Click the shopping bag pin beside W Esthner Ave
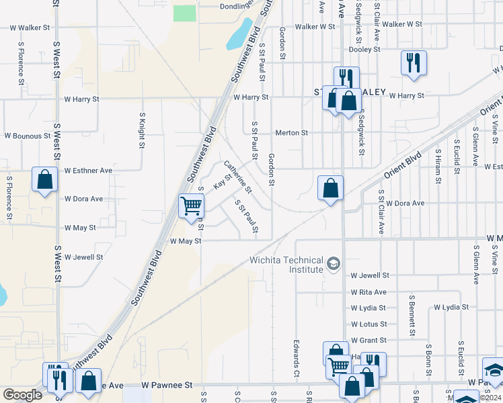tap(44, 181)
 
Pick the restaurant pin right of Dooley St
tap(413, 63)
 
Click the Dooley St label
tap(364, 49)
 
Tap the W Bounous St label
tap(28, 136)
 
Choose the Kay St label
tap(222, 181)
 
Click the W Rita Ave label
tap(369, 292)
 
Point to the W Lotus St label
tap(367, 324)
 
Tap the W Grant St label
tap(368, 341)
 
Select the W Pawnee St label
tap(167, 386)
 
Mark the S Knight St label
tap(142, 130)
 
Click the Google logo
tap(22, 395)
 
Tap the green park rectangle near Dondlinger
tap(183, 13)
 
